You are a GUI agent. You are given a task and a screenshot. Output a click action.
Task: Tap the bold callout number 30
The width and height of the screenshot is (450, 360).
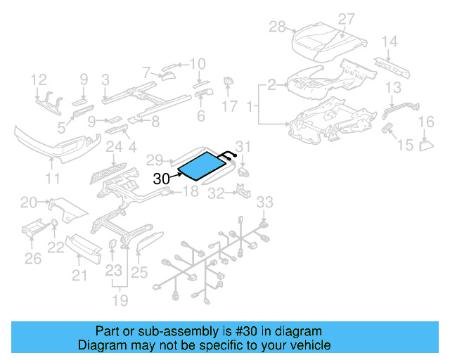(x=161, y=179)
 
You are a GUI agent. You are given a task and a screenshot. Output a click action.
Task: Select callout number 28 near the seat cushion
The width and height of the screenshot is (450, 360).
(x=278, y=27)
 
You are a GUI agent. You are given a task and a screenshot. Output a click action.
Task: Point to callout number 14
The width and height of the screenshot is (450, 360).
(x=390, y=41)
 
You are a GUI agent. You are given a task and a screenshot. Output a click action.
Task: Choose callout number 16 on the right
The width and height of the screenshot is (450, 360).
(x=426, y=123)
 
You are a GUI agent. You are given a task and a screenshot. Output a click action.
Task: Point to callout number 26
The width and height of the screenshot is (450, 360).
(x=33, y=259)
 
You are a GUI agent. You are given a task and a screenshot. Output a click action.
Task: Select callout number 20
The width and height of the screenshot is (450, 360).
(x=29, y=203)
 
